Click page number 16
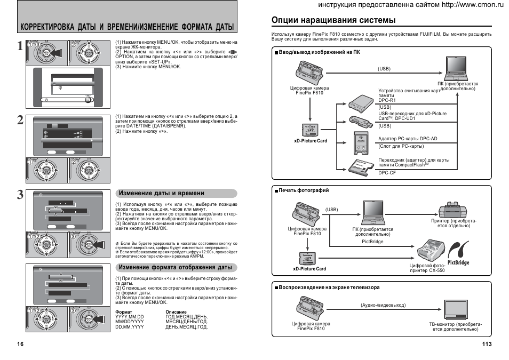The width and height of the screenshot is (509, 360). (20, 344)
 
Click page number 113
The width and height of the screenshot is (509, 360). (486, 344)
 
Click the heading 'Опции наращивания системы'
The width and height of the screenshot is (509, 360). (333, 20)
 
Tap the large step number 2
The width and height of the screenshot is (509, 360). (20, 121)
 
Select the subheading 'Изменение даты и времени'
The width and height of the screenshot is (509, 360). (161, 193)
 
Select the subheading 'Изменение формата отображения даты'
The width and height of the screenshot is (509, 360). (175, 267)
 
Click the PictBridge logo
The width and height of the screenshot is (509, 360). (458, 254)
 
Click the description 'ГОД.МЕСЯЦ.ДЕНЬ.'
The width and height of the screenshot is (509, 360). (186, 317)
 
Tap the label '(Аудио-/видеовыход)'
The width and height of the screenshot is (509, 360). (383, 305)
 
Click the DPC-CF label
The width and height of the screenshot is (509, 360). (387, 173)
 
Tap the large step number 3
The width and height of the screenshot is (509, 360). (20, 195)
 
